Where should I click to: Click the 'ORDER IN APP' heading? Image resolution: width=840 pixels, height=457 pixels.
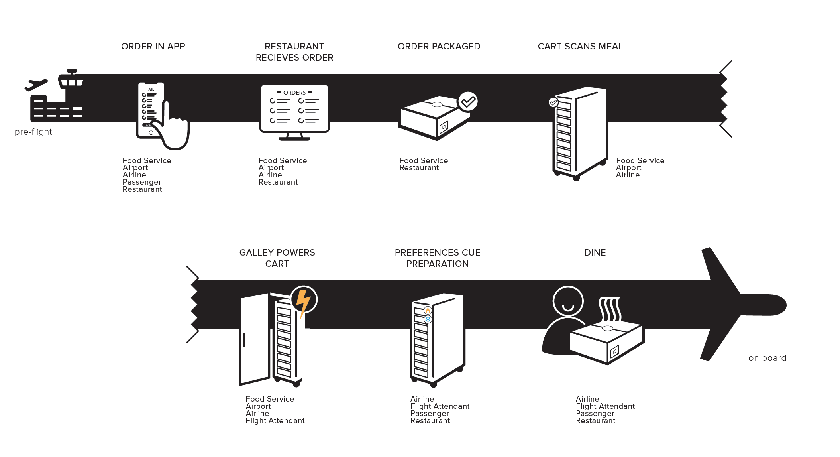click(x=153, y=47)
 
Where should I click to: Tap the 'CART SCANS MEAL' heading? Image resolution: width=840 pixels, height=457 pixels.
click(x=580, y=47)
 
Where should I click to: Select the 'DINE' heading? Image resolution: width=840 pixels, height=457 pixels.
click(x=595, y=253)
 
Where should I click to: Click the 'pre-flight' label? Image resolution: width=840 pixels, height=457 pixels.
click(x=33, y=132)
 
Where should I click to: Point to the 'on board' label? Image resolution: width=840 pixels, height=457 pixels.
click(x=767, y=358)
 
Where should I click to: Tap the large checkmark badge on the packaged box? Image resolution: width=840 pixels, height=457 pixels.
click(x=468, y=102)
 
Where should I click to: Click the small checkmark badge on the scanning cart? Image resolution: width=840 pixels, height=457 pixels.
click(x=553, y=102)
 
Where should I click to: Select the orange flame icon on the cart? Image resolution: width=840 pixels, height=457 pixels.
click(x=428, y=310)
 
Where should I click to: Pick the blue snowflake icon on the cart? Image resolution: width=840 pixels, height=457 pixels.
click(x=428, y=319)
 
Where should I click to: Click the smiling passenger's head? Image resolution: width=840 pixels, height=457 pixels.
click(x=568, y=301)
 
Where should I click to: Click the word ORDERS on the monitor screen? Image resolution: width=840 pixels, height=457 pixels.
click(x=294, y=93)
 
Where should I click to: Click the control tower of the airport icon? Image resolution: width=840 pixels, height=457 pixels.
click(x=71, y=80)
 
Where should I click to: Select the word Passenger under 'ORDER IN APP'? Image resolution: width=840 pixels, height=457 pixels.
click(x=141, y=182)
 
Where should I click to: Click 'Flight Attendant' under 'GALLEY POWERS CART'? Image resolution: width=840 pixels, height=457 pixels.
click(x=275, y=421)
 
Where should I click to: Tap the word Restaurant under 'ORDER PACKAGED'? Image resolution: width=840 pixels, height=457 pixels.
click(x=419, y=168)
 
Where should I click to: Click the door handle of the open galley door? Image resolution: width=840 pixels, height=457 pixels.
click(x=244, y=340)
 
